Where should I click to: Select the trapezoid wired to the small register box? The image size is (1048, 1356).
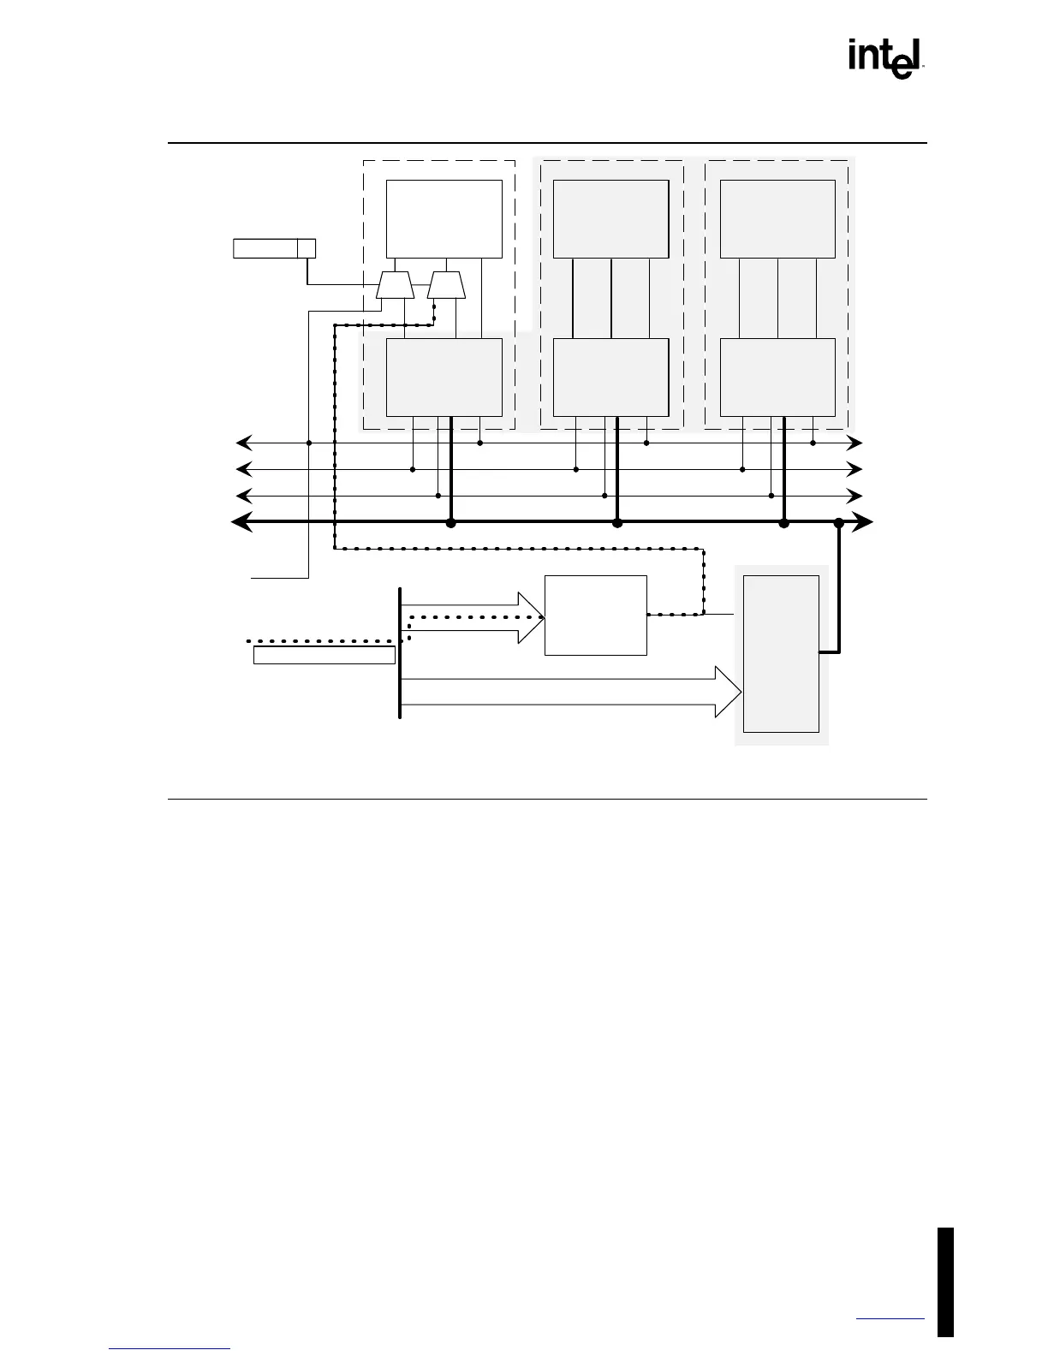[x=395, y=286]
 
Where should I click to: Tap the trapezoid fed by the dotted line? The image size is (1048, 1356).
[x=446, y=286]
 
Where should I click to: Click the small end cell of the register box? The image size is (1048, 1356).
[x=306, y=248]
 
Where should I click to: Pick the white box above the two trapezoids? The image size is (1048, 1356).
[x=444, y=218]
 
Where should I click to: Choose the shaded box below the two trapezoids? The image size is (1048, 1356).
[x=444, y=377]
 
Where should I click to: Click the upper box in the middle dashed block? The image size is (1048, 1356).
[x=610, y=218]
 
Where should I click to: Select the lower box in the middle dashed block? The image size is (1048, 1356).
[x=610, y=377]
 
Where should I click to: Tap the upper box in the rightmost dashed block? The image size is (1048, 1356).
[x=777, y=218]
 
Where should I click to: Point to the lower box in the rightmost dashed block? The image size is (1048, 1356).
[x=777, y=377]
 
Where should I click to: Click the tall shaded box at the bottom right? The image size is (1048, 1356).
[x=781, y=654]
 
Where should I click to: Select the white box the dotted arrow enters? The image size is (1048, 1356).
[x=595, y=615]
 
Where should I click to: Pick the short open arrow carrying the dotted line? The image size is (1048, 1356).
[x=471, y=616]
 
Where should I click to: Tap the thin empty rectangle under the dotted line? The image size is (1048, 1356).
[x=324, y=655]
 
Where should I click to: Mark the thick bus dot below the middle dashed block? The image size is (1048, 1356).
[x=616, y=522]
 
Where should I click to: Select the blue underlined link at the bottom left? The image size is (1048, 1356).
[x=170, y=1348]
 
